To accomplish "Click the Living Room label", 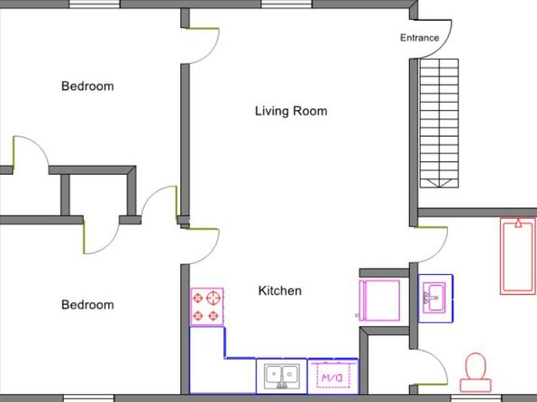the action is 291,112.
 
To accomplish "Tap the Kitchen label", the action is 280,290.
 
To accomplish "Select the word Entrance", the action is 420,38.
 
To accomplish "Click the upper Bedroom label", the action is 87,86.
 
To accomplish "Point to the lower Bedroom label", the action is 87,305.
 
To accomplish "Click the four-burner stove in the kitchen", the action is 207,306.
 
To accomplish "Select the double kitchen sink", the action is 281,376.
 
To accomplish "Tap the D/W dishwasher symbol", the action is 332,376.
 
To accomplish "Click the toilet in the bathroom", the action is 476,372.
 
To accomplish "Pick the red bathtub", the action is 518,256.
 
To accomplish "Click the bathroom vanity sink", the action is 435,297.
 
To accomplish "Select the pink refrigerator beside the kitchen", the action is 379,300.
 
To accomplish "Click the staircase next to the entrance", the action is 440,123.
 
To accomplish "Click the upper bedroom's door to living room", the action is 212,51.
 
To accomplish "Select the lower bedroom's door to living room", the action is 212,251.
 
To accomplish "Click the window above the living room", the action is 287,4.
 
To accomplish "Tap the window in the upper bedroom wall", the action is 95,4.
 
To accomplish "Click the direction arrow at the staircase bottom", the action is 440,183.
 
